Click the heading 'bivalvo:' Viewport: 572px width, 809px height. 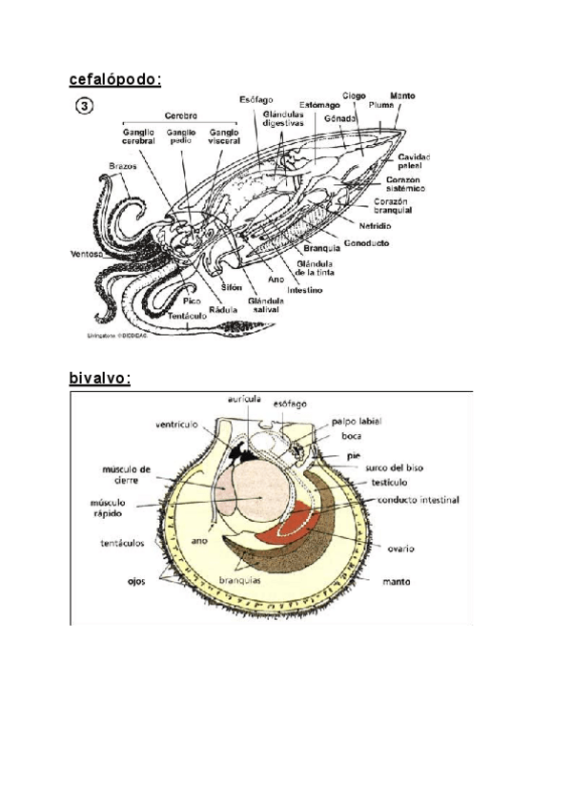tap(99, 378)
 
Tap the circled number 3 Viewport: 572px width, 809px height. tap(84, 106)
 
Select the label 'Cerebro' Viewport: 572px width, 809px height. tap(180, 115)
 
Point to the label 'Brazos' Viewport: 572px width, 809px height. tap(123, 166)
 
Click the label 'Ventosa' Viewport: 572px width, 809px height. tap(87, 254)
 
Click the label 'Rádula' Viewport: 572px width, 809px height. tap(222, 308)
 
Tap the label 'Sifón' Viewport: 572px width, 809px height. tap(232, 286)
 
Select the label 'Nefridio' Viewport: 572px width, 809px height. tap(376, 226)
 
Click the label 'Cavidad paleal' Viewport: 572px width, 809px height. tap(415, 160)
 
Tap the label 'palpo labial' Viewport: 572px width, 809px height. tap(357, 420)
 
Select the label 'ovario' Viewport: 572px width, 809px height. tap(399, 549)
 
